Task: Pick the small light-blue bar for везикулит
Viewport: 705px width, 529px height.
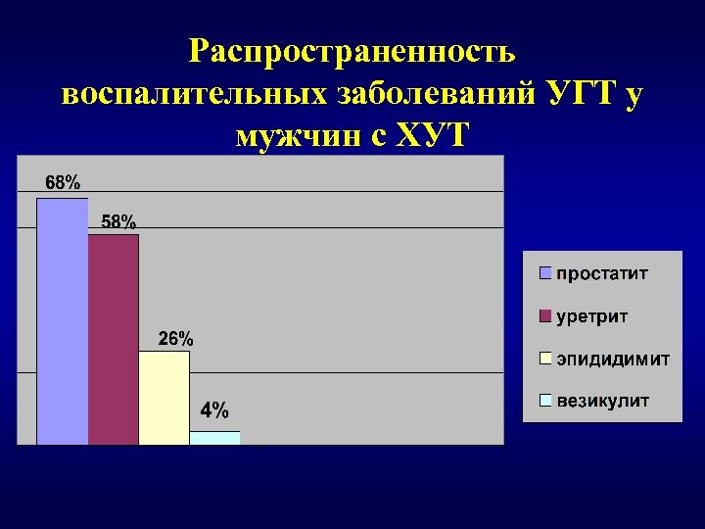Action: (214, 438)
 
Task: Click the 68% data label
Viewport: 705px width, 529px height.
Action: (63, 182)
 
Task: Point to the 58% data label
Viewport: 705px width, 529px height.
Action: (118, 221)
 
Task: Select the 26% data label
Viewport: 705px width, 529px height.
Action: (176, 339)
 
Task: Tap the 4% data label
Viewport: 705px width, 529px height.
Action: (215, 409)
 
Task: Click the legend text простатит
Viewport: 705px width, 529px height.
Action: (602, 273)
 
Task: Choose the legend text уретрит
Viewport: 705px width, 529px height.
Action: (592, 316)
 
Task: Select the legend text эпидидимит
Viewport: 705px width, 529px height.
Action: (613, 359)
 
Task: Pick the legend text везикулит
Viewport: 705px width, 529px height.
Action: (603, 402)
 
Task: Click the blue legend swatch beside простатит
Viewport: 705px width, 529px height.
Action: (545, 273)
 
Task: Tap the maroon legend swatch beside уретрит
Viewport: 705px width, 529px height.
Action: (545, 316)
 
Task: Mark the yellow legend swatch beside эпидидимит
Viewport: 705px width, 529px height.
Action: (545, 359)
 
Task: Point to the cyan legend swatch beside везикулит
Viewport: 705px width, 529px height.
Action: (545, 402)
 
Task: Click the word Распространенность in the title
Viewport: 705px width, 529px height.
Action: (352, 51)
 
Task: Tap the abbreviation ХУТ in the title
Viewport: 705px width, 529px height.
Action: (431, 137)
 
